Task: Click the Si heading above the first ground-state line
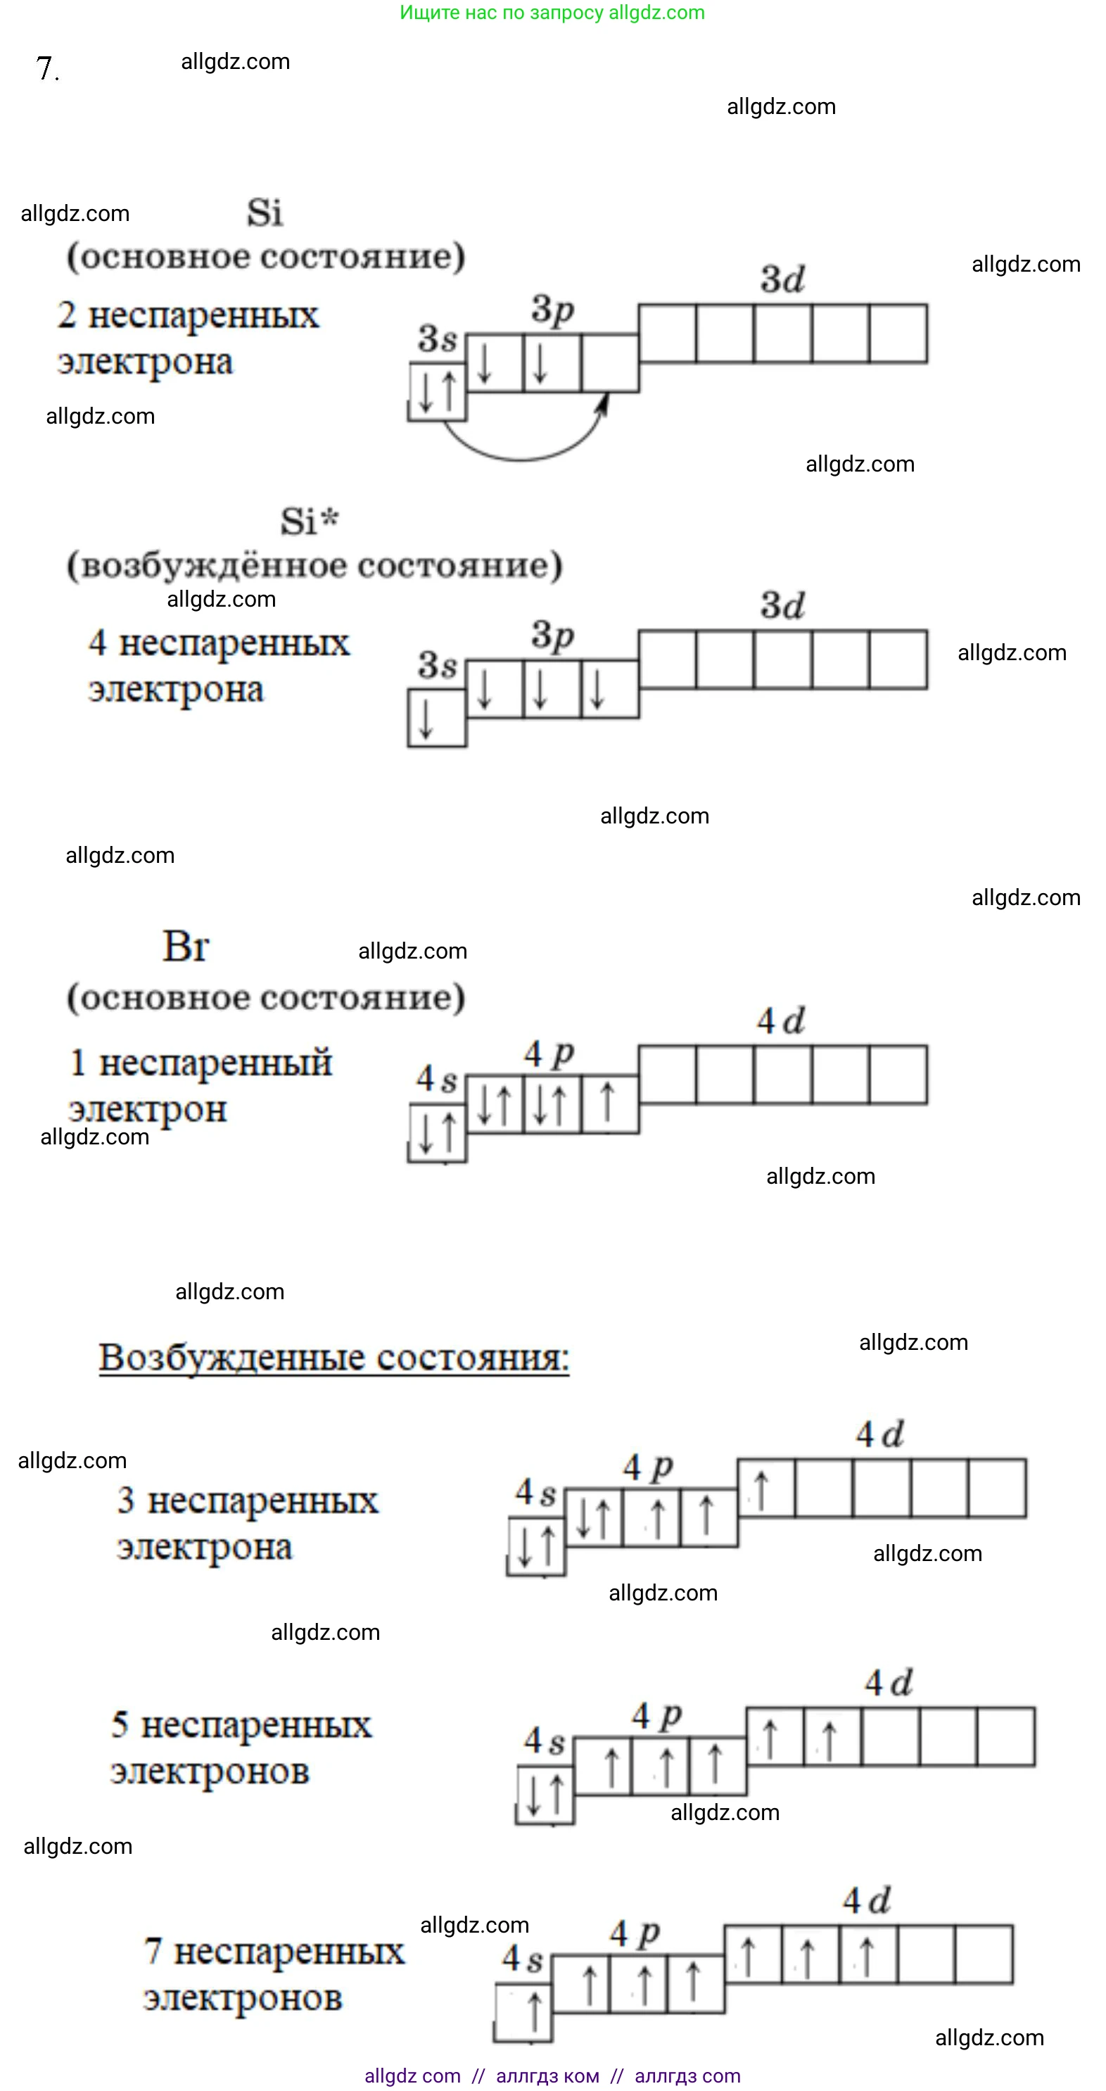coord(265,213)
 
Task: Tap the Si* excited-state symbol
coord(309,521)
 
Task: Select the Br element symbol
coord(185,947)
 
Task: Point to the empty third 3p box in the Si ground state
coord(609,363)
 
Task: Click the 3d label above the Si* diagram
coord(782,605)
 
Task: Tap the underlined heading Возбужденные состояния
coord(333,1357)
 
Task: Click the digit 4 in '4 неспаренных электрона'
coord(97,643)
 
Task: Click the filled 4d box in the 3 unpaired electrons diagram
coord(765,1488)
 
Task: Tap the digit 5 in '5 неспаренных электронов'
coord(120,1725)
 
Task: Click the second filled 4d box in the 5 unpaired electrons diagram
coord(832,1736)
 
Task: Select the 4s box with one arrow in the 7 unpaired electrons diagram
coord(523,2012)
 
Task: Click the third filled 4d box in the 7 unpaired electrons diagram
coord(868,1954)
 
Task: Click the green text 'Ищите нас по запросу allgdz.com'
coord(552,12)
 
